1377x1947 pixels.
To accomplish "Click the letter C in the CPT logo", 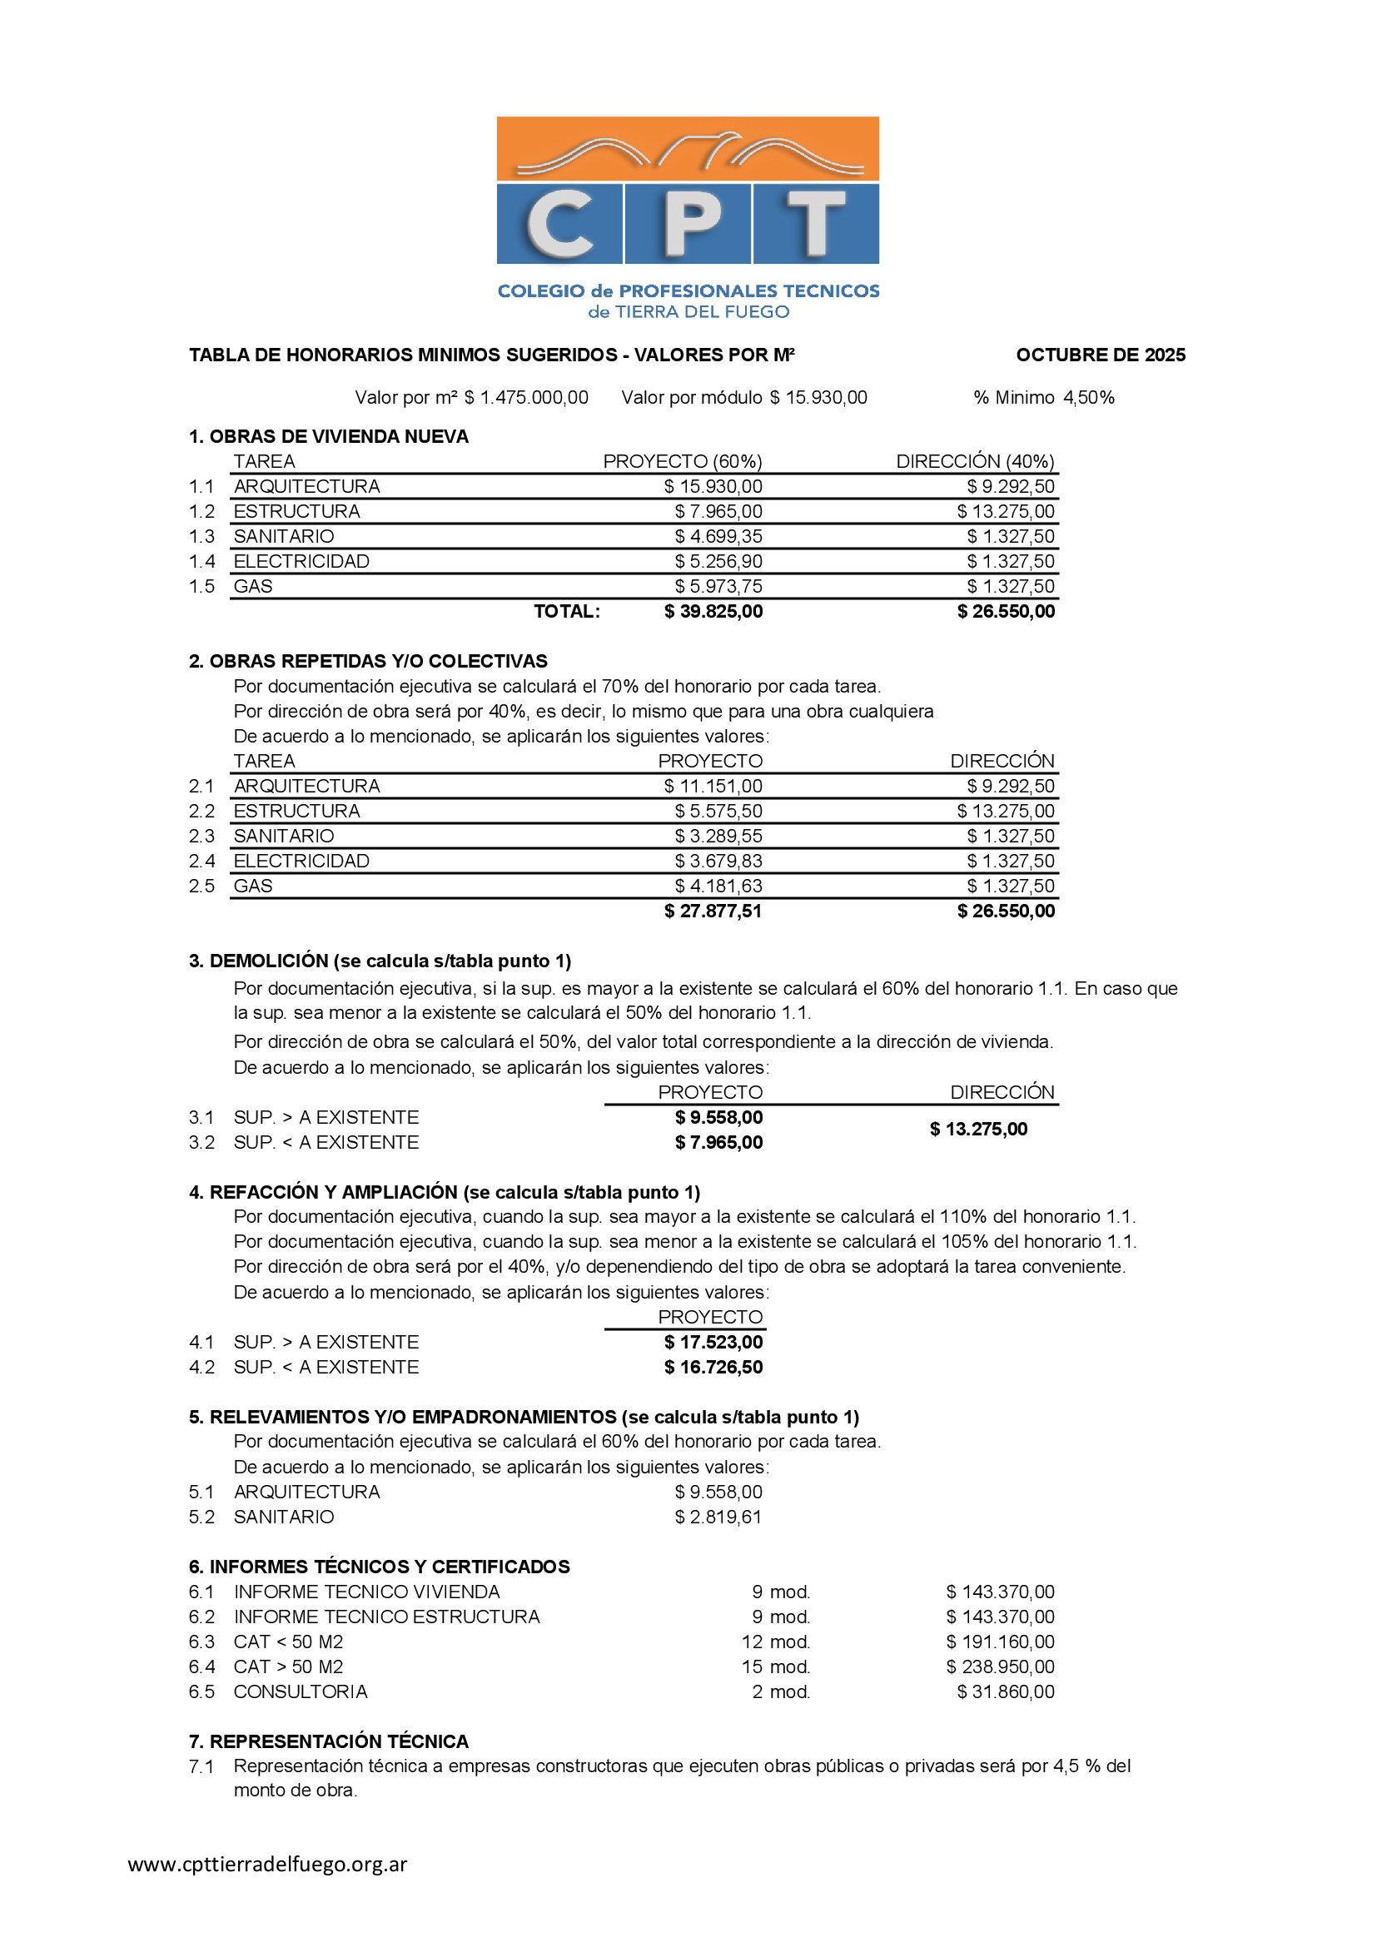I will point(559,223).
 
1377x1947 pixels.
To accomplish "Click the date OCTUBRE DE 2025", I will point(1100,355).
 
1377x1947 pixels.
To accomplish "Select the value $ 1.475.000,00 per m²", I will point(525,398).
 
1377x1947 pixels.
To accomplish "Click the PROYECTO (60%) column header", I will point(683,461).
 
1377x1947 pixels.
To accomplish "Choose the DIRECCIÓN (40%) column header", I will point(975,461).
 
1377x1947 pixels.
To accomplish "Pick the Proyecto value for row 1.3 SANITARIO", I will point(718,537).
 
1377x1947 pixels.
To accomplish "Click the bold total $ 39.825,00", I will point(713,612).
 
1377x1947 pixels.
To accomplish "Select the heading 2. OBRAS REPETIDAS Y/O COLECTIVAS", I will point(368,662).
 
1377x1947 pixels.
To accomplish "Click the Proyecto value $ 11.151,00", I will point(713,786).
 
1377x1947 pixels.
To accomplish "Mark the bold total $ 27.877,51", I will point(713,911).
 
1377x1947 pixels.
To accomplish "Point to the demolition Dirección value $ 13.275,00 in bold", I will point(978,1130).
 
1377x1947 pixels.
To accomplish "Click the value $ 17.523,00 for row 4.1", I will point(713,1343).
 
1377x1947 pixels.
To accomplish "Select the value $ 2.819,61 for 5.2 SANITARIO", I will point(718,1517).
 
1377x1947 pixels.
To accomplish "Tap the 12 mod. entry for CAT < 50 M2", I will point(776,1642).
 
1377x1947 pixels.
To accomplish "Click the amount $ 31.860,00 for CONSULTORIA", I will point(1006,1692).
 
